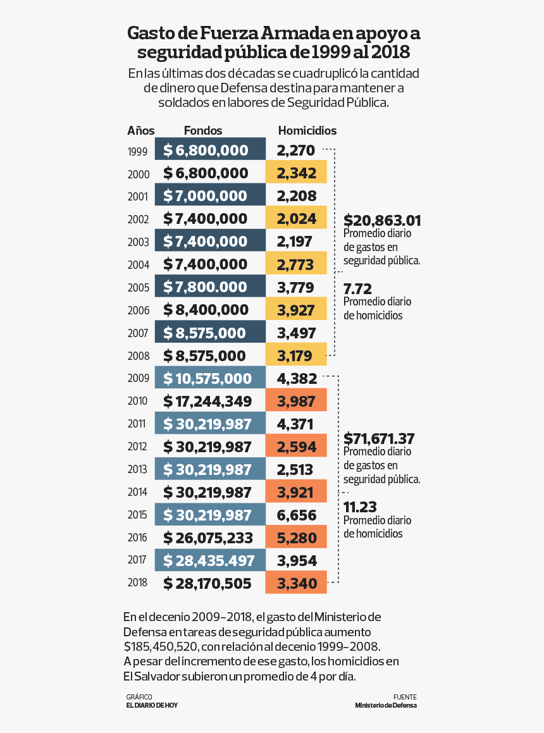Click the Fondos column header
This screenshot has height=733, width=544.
coord(203,131)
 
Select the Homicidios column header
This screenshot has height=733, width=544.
coord(307,131)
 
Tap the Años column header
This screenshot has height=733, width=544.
coord(140,131)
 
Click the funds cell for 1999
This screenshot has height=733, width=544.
coord(210,150)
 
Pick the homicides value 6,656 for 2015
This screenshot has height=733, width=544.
coord(297,515)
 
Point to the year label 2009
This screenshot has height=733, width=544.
coord(137,379)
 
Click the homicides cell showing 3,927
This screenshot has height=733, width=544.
coord(296,310)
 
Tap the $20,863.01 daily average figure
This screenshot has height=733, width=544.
coord(382,221)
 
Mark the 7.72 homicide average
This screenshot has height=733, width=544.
coord(357,289)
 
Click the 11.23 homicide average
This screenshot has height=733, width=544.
coord(359,507)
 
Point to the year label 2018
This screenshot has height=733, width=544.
coord(137,583)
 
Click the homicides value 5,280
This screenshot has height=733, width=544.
coord(296,538)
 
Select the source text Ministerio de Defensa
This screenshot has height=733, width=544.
coord(386,705)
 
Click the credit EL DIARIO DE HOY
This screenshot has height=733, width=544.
coord(152,705)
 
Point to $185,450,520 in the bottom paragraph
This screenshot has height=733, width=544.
coord(161,647)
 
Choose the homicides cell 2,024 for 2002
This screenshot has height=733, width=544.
coord(296,219)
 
